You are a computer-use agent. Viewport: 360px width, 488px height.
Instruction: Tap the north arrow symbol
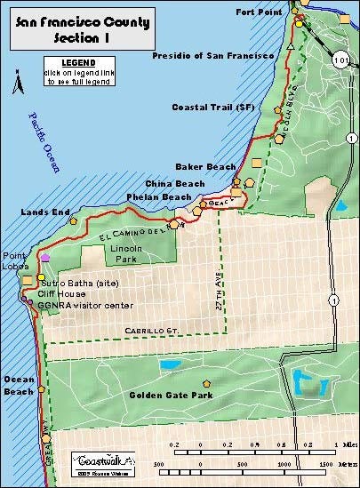(14, 86)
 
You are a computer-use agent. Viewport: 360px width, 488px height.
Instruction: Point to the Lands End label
(39, 213)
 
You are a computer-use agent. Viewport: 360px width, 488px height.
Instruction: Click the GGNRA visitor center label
(85, 305)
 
